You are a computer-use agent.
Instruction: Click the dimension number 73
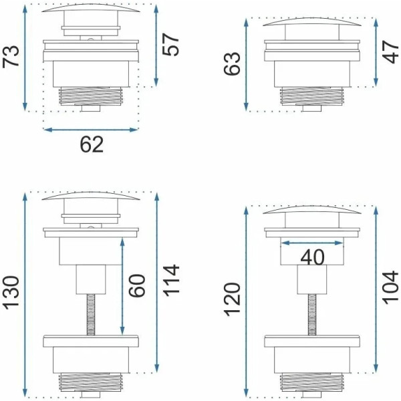(11, 56)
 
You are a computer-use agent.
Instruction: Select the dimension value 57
(170, 45)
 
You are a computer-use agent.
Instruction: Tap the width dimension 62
(92, 144)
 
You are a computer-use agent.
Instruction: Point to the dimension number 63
(232, 63)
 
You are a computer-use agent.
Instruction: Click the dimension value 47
(391, 52)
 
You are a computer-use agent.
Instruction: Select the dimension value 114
(171, 281)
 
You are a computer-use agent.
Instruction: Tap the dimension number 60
(137, 285)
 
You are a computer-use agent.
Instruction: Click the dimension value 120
(232, 299)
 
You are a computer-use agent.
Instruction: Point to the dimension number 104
(391, 287)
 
